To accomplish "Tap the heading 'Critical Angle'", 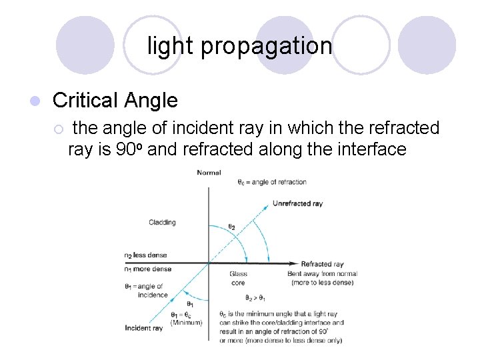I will [x=115, y=101].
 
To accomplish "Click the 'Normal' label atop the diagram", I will [x=209, y=173].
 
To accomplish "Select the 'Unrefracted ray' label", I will [x=297, y=203].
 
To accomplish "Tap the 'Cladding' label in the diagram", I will [x=162, y=222].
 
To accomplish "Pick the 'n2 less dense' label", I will [x=145, y=255].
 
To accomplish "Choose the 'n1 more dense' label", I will [x=147, y=269].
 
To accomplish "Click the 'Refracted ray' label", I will [x=322, y=264].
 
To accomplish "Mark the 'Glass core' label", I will [x=238, y=278].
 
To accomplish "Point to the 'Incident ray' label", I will [x=143, y=328].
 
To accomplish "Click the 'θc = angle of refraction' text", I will [x=271, y=182].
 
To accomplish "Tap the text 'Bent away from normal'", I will [x=322, y=274].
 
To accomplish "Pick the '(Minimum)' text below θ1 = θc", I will [x=186, y=323].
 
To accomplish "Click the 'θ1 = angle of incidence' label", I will [x=148, y=291].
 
